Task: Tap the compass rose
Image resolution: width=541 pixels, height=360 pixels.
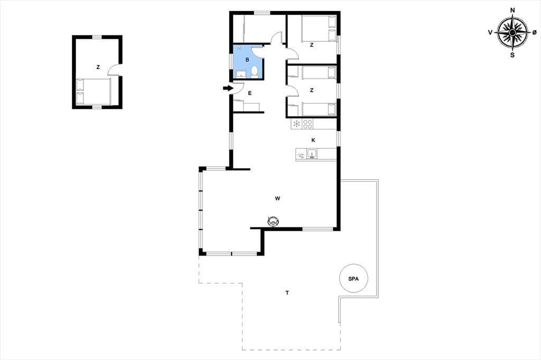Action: pos(512,32)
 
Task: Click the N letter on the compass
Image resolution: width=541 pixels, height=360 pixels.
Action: pos(512,11)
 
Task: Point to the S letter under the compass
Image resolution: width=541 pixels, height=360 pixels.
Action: pos(512,55)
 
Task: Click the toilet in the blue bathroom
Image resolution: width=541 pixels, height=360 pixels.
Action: pos(255,72)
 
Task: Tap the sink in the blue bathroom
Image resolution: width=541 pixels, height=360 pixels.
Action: pos(241,74)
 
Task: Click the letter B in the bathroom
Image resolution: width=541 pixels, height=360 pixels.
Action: pos(247,60)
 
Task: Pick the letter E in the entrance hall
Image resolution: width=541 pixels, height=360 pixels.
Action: pos(250,93)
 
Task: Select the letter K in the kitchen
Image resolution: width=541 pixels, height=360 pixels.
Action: pos(313,140)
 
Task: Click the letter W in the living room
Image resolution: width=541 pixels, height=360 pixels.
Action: pos(277,198)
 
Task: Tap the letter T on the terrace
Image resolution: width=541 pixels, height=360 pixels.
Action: pos(287,293)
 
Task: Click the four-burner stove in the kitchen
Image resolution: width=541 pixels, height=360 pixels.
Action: pos(307,124)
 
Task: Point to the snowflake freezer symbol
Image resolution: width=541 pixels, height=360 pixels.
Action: pos(296,124)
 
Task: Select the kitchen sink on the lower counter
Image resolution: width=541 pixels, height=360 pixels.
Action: pos(312,154)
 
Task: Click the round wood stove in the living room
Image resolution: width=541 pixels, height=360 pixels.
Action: pos(273,221)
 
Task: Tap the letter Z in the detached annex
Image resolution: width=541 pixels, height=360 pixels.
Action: pos(98,67)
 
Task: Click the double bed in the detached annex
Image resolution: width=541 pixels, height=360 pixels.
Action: pos(93,91)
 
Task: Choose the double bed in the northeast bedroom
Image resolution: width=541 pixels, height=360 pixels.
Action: pos(319,29)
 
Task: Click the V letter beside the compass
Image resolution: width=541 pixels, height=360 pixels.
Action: pos(490,32)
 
